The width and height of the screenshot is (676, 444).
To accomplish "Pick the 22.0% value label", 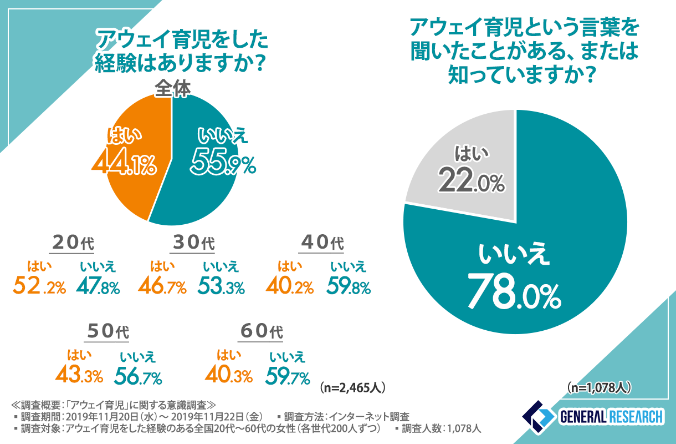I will pos(472,180).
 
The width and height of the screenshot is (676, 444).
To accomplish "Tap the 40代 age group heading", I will pos(322,243).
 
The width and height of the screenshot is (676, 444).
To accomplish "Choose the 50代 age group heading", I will pos(107,331).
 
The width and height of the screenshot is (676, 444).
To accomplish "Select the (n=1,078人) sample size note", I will pos(598,387).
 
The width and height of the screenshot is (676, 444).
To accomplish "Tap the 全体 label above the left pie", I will pos(172,89).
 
